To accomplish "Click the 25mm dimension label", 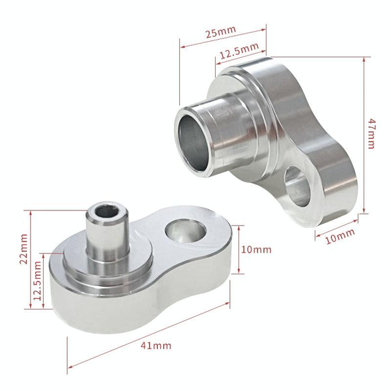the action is coord(221,31).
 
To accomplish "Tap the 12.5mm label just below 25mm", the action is coord(239,51).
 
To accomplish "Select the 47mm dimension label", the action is coord(372,134).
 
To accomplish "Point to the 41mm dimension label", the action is coord(156,345).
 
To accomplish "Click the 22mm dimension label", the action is coord(23,249).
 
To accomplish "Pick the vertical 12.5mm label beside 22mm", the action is coord(37,281).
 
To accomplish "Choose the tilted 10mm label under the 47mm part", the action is coord(340,236).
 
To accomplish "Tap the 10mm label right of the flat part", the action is coord(256,250).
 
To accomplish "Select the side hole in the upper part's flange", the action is coord(297,186).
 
